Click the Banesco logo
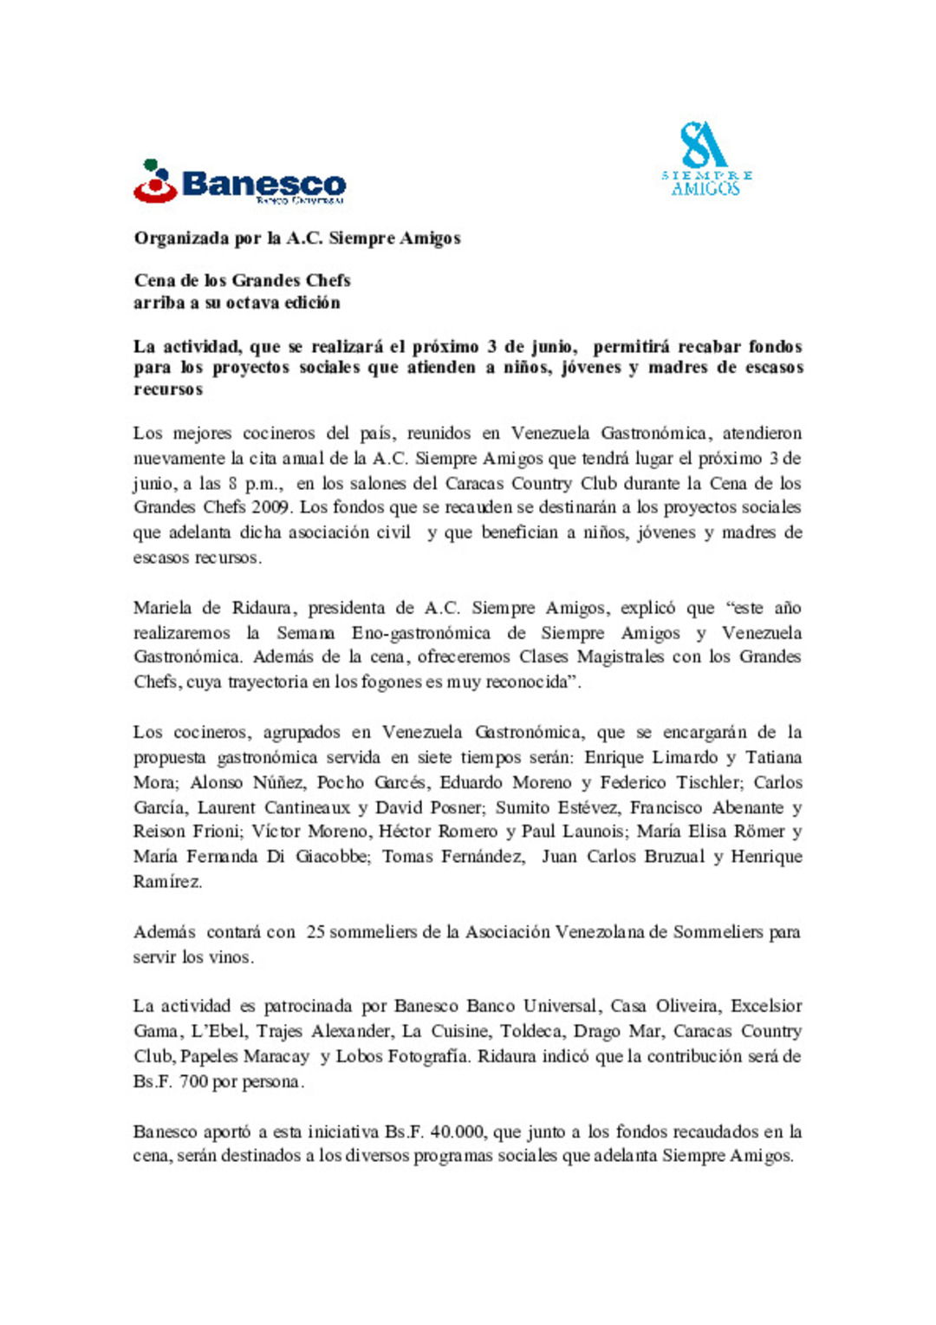pyautogui.click(x=240, y=182)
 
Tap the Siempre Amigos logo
pyautogui.click(x=706, y=160)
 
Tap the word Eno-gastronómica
pyautogui.click(x=421, y=633)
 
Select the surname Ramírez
pyautogui.click(x=167, y=882)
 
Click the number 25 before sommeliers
pyautogui.click(x=316, y=932)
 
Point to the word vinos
pyautogui.click(x=231, y=957)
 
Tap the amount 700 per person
pyautogui.click(x=194, y=1082)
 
